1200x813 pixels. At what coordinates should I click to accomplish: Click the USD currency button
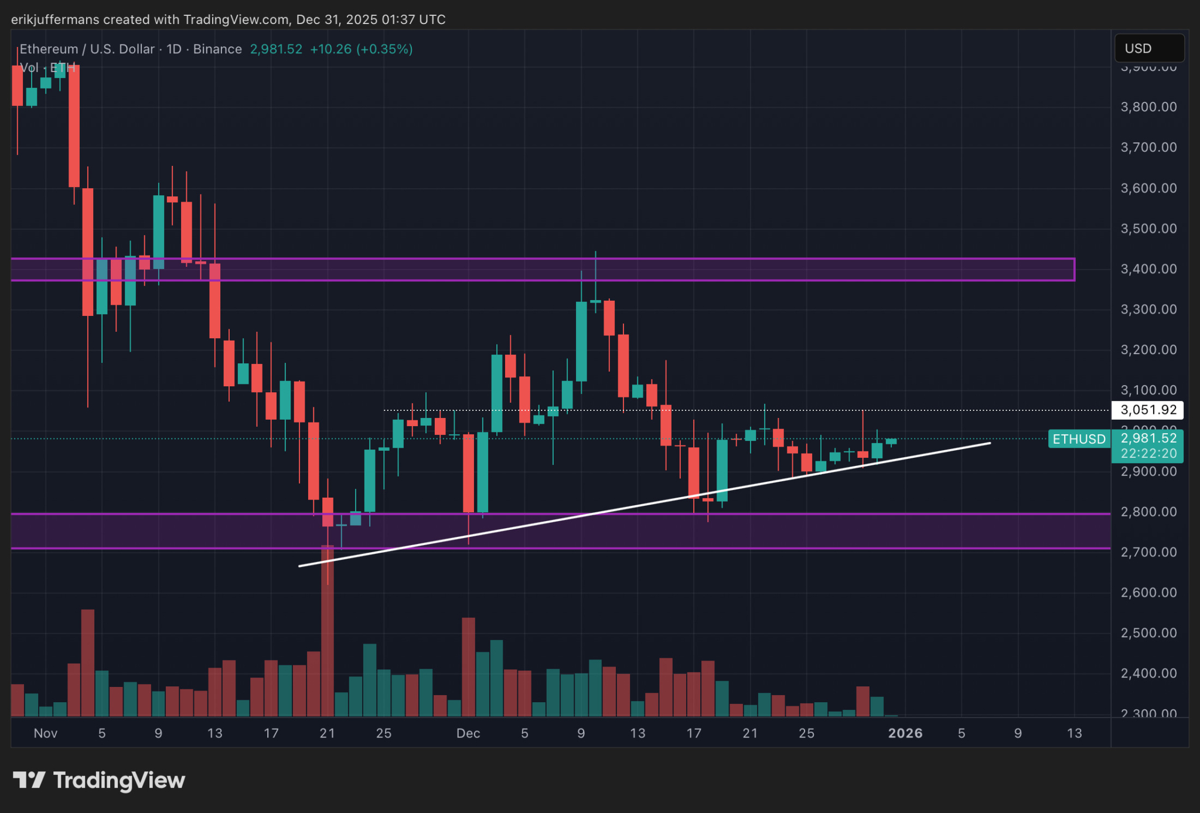click(1148, 48)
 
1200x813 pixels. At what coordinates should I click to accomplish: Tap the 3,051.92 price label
click(1148, 410)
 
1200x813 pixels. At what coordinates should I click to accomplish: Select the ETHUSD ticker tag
click(1079, 439)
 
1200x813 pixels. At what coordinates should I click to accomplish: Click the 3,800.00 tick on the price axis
click(1148, 107)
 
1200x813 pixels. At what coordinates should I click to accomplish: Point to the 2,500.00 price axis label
click(1148, 633)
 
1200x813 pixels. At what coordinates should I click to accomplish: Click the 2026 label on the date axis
click(905, 733)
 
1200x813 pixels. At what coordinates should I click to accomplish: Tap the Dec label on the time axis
click(468, 733)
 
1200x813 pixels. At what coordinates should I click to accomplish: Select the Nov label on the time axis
click(46, 733)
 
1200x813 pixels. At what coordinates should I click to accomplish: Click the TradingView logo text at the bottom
click(119, 780)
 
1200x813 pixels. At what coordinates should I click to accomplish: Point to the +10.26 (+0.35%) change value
click(361, 49)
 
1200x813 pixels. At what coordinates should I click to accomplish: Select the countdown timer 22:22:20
click(1148, 453)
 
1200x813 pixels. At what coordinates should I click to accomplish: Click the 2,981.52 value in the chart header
click(276, 49)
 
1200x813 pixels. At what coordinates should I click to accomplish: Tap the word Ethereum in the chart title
click(49, 49)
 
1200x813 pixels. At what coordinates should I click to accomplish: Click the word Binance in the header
click(217, 49)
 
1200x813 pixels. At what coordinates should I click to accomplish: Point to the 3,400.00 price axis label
click(1148, 269)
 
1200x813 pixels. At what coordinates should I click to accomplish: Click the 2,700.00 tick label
click(1148, 552)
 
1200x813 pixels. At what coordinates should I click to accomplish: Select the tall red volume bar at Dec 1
click(468, 666)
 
